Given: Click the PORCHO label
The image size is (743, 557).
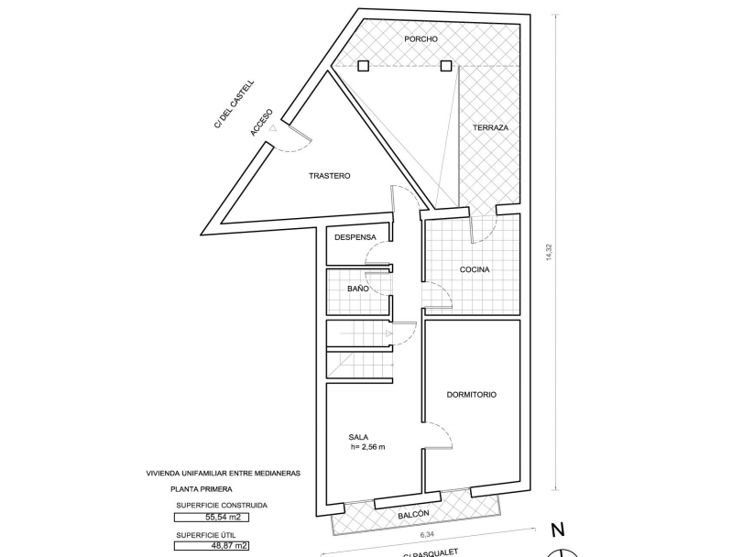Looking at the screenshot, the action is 421,39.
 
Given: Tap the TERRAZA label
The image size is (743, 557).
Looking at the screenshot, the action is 490,128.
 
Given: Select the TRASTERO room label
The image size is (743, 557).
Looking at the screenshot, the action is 330,176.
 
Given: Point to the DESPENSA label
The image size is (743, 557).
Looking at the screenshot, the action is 355,237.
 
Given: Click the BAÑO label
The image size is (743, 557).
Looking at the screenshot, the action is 358,289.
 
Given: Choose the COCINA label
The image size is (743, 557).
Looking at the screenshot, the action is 475,270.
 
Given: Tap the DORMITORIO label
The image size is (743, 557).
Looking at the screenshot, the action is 472,395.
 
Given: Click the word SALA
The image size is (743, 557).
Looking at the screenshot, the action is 358,437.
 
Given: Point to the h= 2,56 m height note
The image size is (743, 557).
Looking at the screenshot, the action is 367,447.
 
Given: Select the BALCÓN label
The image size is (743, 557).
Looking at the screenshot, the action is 413,514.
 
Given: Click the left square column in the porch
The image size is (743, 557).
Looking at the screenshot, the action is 363,66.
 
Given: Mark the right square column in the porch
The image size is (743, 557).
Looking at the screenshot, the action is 446,66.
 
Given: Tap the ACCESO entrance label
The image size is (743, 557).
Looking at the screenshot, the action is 262,123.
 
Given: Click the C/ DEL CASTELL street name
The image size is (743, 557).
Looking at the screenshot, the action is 235,104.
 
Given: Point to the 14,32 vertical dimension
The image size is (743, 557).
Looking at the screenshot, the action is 549,252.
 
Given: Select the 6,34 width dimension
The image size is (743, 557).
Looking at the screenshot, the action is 427,535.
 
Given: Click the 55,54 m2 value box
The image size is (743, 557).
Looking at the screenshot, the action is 212,518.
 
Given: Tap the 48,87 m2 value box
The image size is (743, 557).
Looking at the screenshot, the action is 212,546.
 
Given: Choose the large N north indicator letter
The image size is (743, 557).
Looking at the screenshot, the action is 558,530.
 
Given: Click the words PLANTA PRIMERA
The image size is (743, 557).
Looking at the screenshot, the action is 202,489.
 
